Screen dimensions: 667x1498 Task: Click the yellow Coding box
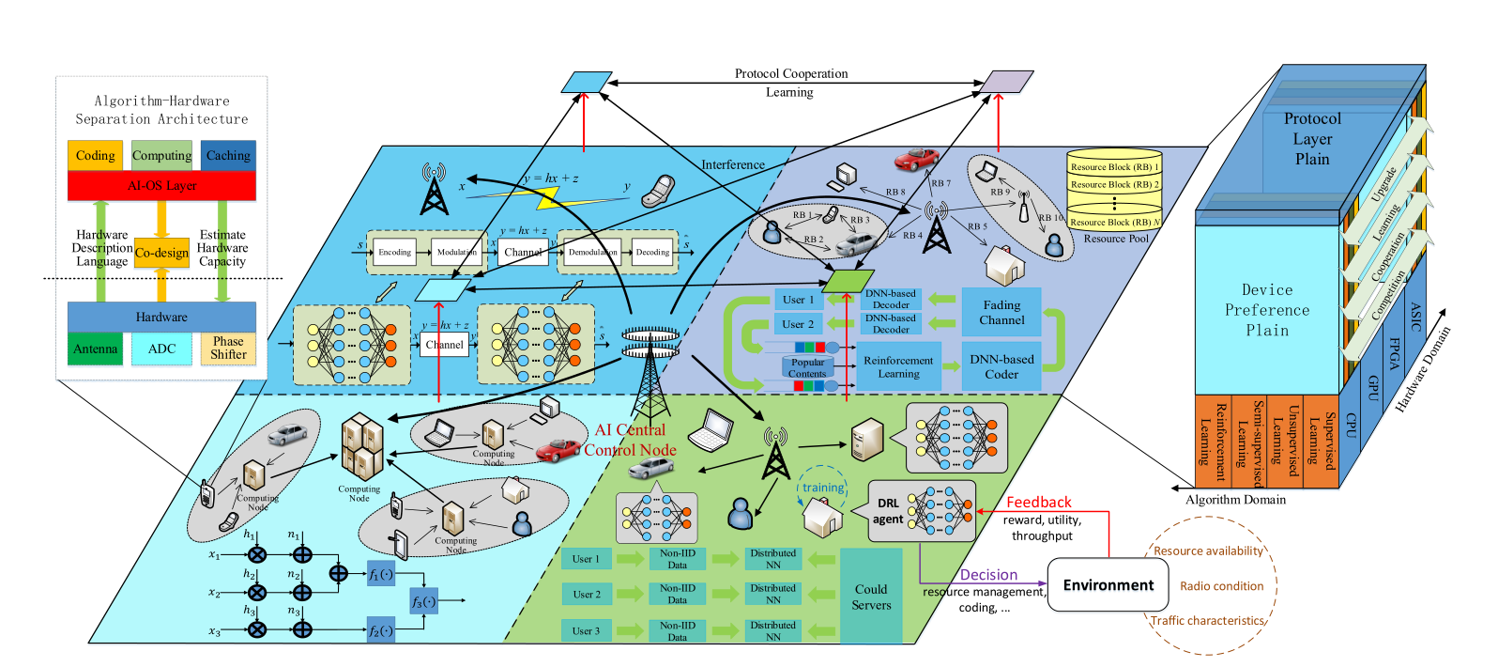(95, 155)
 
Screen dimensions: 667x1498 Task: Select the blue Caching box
(228, 155)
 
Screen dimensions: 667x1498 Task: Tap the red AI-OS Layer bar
(161, 185)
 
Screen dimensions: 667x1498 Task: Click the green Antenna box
(95, 349)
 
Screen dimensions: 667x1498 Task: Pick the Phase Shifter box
(228, 349)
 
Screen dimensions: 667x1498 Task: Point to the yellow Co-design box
(161, 253)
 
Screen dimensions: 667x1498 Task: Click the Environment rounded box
(1108, 584)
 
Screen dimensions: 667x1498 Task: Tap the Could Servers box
(871, 597)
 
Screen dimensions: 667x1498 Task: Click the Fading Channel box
(1001, 313)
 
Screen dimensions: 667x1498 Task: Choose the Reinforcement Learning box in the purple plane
(898, 366)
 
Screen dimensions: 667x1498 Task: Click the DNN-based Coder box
(1001, 366)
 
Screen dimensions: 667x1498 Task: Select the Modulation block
(456, 252)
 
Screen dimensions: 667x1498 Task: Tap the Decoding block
(652, 252)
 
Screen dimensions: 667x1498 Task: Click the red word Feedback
(1038, 503)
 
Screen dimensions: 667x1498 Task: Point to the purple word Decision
(988, 575)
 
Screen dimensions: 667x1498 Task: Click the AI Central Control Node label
(630, 440)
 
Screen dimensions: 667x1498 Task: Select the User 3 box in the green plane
(586, 631)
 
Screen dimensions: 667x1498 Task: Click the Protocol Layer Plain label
(1312, 138)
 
